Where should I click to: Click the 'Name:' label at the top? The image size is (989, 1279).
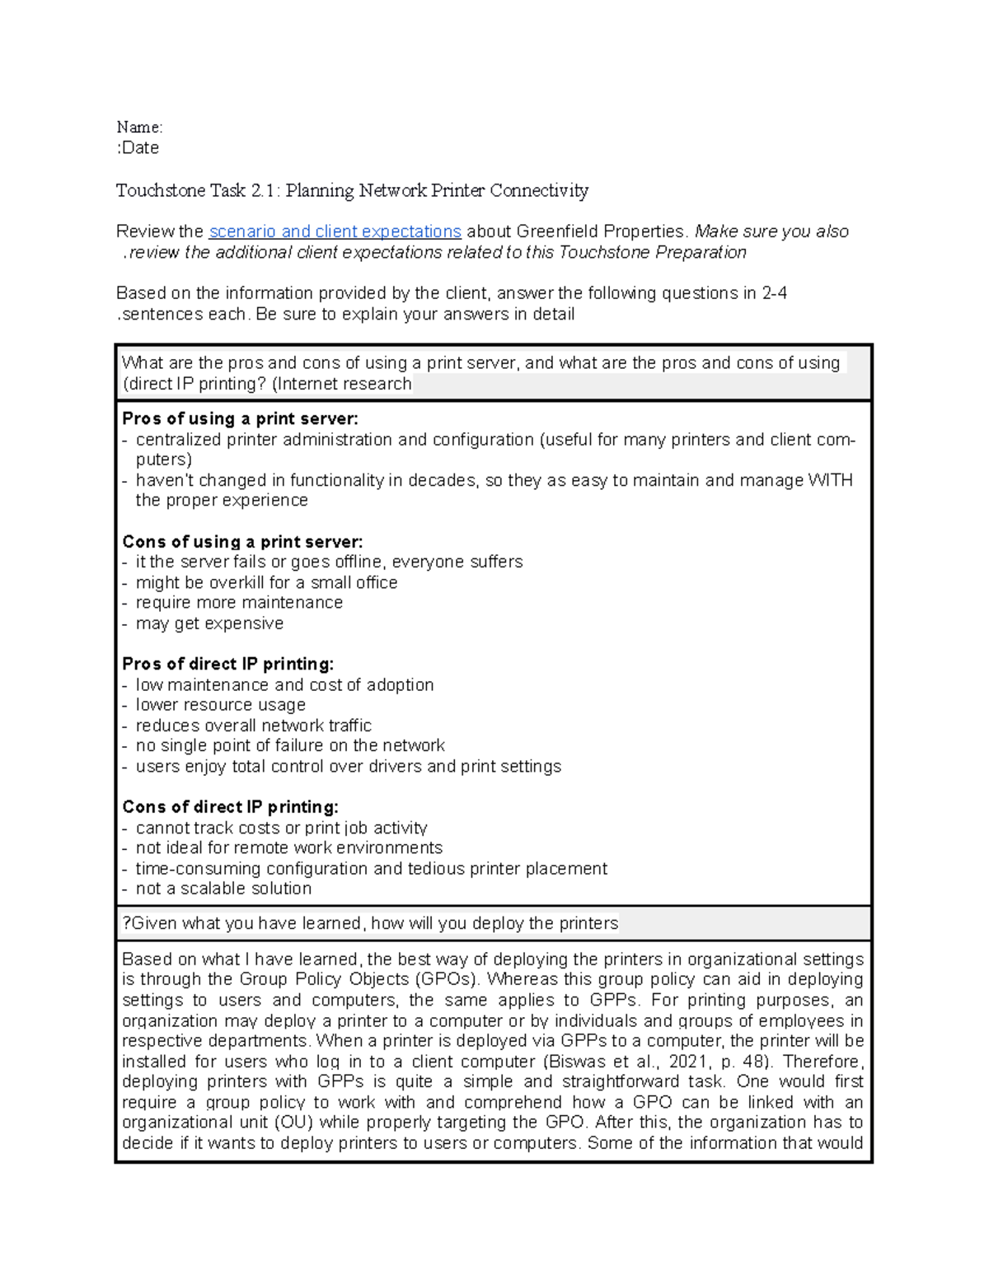[139, 127]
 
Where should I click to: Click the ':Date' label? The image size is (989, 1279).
[138, 148]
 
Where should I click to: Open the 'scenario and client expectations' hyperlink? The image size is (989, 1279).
[335, 231]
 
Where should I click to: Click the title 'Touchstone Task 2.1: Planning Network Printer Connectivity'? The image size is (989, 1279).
[352, 191]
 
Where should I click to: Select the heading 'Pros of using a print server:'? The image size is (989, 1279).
[240, 419]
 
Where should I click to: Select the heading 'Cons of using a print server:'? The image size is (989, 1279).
[242, 542]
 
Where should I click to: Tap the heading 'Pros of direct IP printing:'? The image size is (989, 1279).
[227, 664]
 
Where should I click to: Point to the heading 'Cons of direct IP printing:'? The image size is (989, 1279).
[230, 807]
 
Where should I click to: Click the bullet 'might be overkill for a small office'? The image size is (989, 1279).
[266, 583]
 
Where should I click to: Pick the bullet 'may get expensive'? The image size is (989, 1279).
[209, 623]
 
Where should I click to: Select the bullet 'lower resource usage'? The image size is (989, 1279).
[220, 705]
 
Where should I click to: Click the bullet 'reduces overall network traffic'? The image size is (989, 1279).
[253, 726]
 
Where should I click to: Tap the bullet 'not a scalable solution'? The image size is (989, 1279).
[223, 889]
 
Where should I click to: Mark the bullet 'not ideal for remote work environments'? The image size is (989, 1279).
[288, 848]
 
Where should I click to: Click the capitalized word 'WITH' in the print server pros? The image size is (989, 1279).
[829, 480]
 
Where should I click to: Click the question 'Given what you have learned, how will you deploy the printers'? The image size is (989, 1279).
[370, 923]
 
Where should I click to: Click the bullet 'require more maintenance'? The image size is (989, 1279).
[239, 603]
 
